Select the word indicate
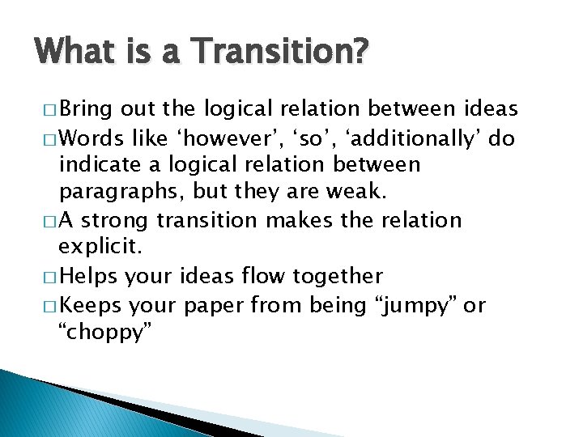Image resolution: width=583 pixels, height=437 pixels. [102, 166]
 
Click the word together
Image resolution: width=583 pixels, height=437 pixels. [339, 276]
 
